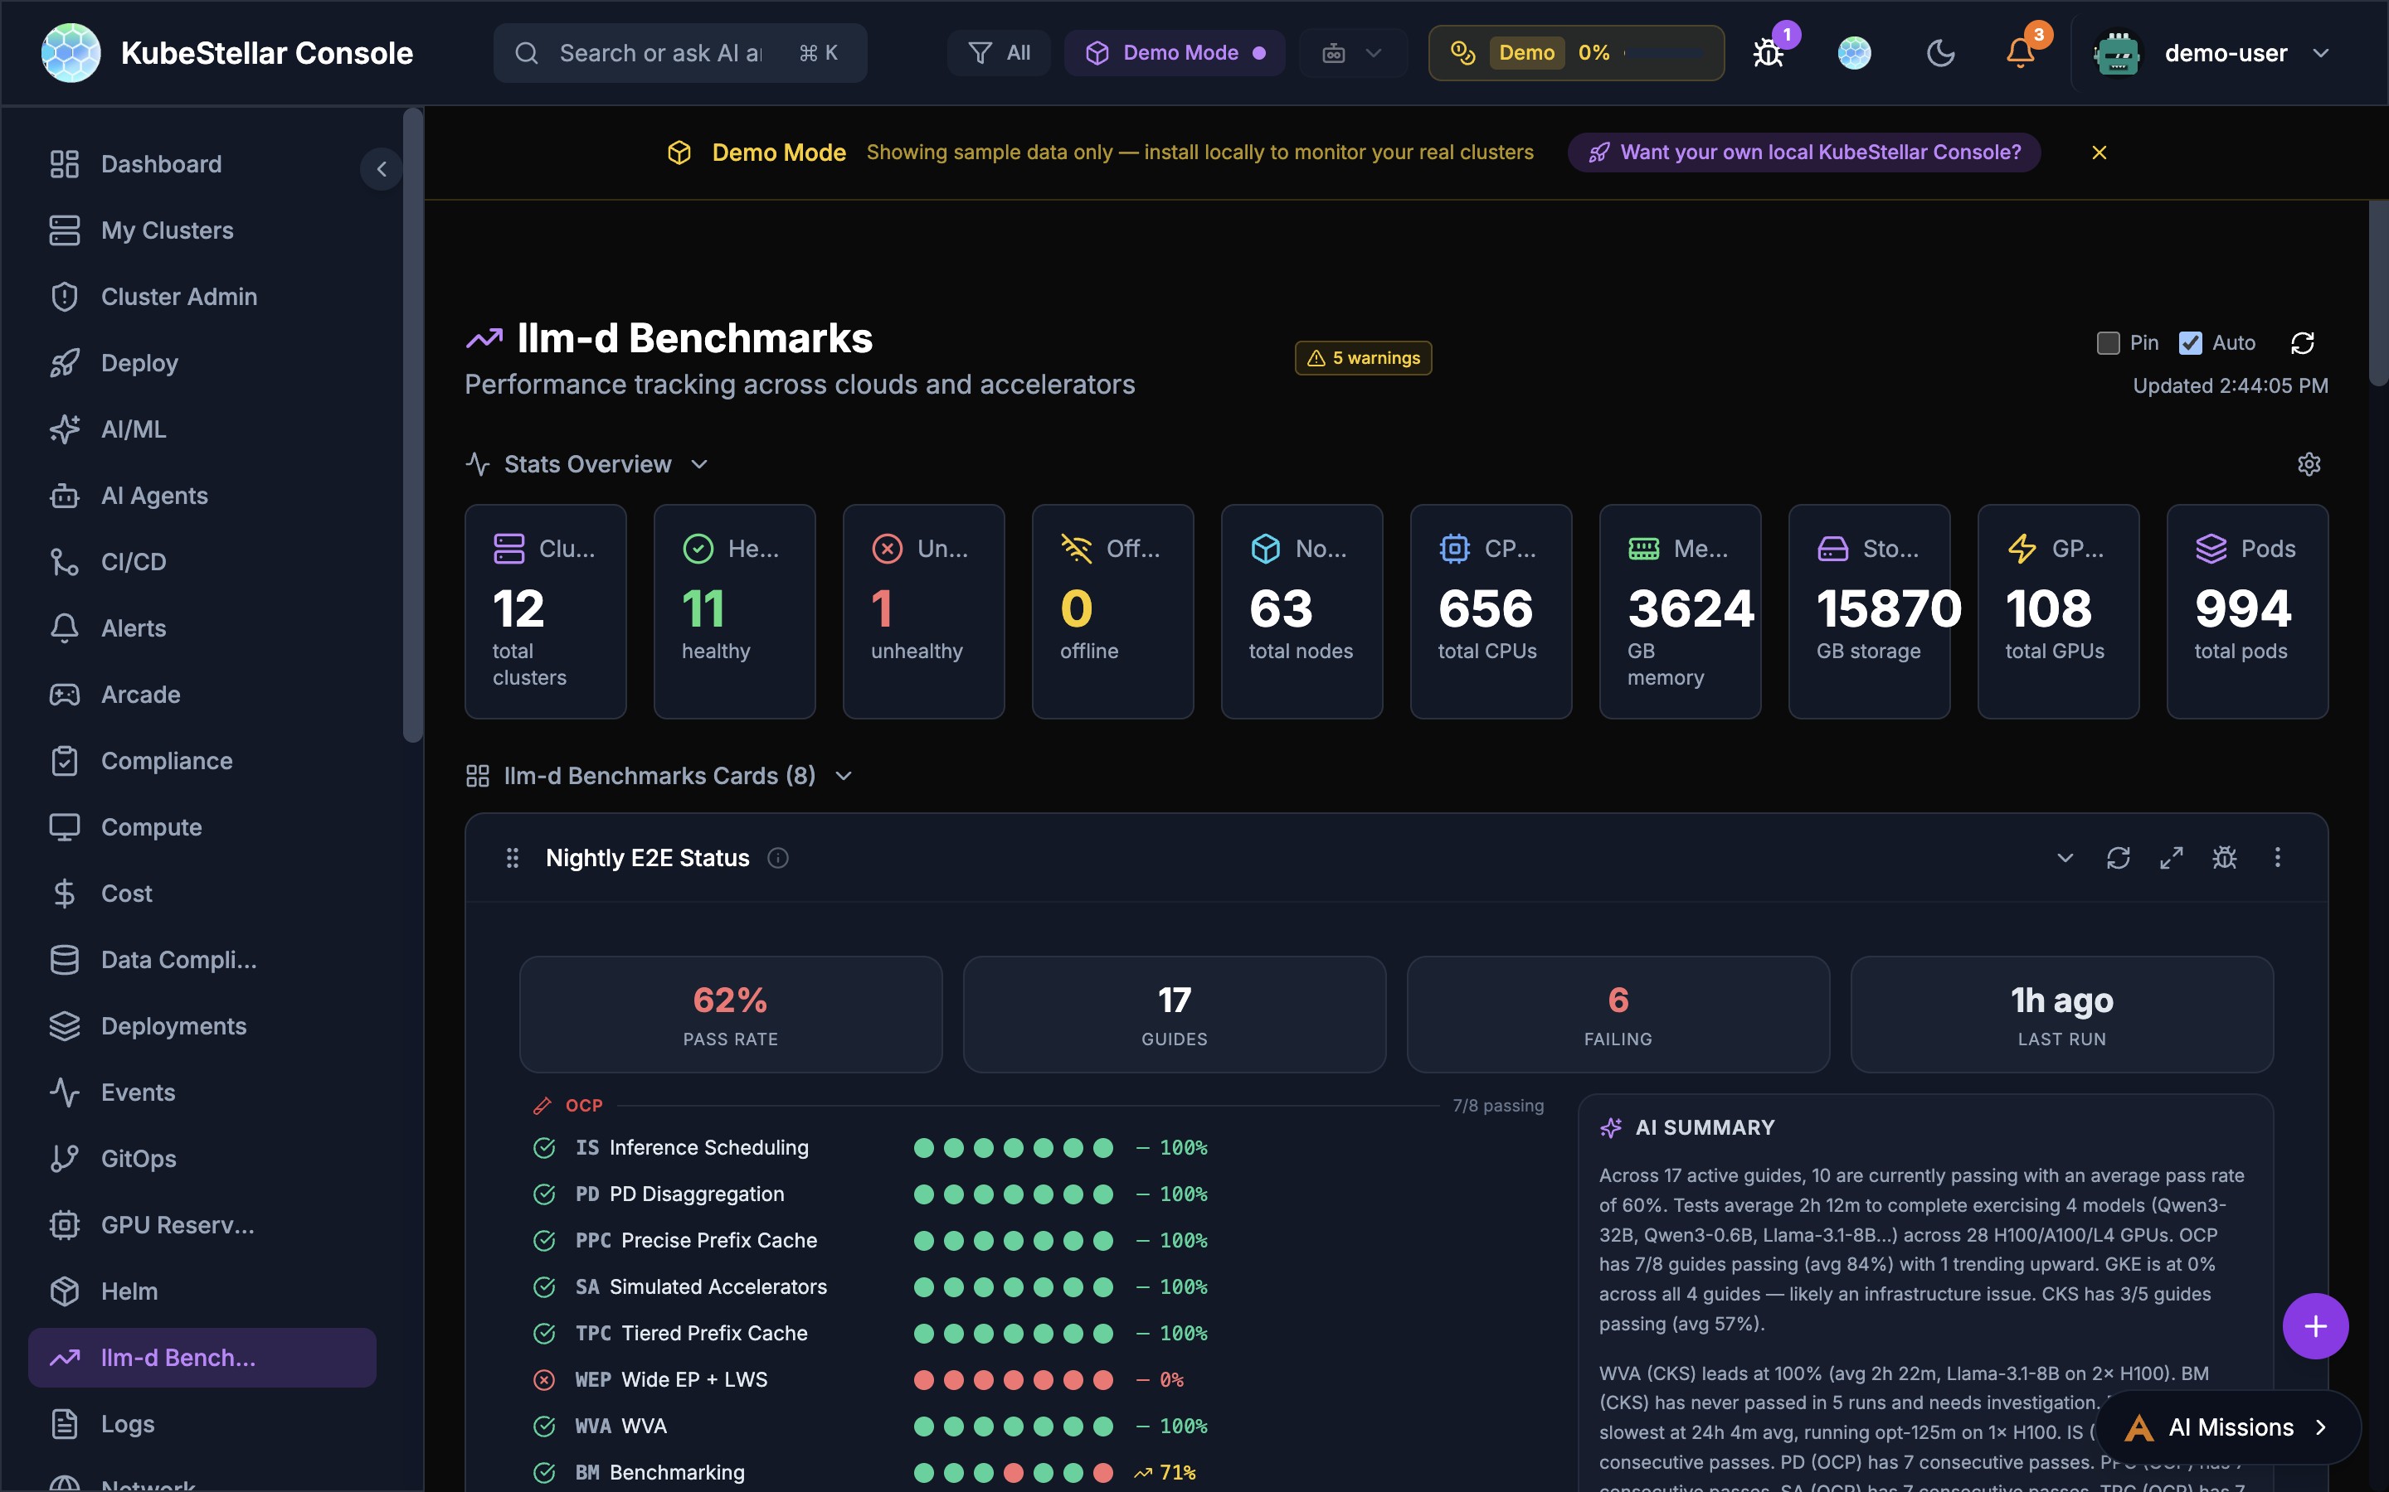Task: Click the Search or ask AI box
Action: coord(659,53)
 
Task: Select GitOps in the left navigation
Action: coord(139,1159)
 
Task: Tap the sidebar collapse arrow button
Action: coord(381,169)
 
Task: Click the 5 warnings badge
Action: coord(1364,358)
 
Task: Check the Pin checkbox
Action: coord(2108,342)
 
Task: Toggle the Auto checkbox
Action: coord(2191,342)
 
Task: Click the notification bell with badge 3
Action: coord(2020,53)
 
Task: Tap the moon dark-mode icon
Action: coord(1940,53)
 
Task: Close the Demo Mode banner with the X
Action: coord(2099,153)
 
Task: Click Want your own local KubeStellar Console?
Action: coord(1803,153)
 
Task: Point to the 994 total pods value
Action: coord(2242,609)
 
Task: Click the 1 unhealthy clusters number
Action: coord(882,609)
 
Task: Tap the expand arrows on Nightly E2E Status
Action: coord(2171,858)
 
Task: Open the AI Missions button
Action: coord(2229,1427)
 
